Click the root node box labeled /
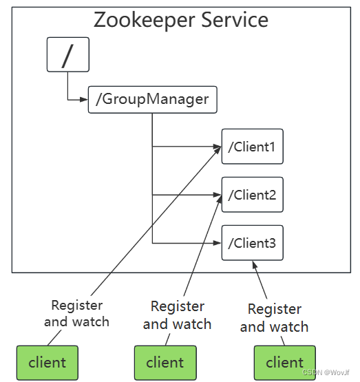(x=67, y=54)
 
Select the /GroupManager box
(x=152, y=99)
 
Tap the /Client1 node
(x=252, y=147)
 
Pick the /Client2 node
(x=252, y=195)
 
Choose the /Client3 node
(x=252, y=243)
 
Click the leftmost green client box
(x=47, y=363)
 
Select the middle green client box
(x=165, y=363)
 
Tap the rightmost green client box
(x=284, y=363)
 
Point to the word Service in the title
(x=234, y=19)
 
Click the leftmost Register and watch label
(x=76, y=313)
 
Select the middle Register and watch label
(x=177, y=315)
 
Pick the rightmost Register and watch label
(x=274, y=318)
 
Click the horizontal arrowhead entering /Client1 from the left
(x=217, y=147)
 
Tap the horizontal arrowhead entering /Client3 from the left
(x=217, y=243)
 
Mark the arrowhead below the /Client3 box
(x=255, y=264)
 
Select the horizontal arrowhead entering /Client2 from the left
(x=217, y=195)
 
